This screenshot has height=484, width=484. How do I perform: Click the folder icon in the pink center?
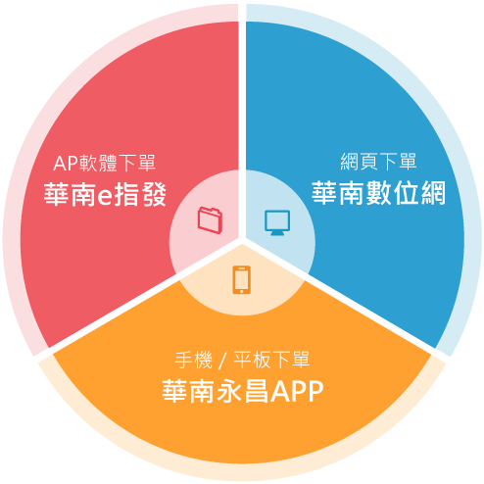[x=210, y=220]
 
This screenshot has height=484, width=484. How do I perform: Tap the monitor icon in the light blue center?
[x=277, y=222]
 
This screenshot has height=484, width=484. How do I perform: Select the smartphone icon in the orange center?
[x=242, y=280]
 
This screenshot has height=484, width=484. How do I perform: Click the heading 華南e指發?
[x=105, y=195]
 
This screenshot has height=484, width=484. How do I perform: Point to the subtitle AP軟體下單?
[x=105, y=164]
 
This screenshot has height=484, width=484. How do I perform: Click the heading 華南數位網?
[x=379, y=193]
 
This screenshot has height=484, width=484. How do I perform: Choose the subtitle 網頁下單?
[x=378, y=162]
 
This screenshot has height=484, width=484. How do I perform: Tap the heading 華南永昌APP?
[x=243, y=391]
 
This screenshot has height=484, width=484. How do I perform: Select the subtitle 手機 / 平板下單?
[x=242, y=360]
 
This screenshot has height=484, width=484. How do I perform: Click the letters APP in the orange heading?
[x=297, y=391]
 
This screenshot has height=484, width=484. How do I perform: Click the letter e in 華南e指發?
[x=105, y=197]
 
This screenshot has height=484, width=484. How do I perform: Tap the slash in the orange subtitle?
[x=223, y=361]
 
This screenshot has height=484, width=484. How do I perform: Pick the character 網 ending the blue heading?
[x=433, y=193]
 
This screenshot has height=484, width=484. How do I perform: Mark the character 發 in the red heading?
[x=155, y=195]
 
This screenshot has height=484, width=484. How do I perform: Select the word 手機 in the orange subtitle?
[x=194, y=360]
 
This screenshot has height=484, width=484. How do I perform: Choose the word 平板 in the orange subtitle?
[x=252, y=360]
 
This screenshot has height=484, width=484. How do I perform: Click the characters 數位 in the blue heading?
[x=393, y=193]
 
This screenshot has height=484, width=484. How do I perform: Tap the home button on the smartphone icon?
[x=242, y=291]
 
